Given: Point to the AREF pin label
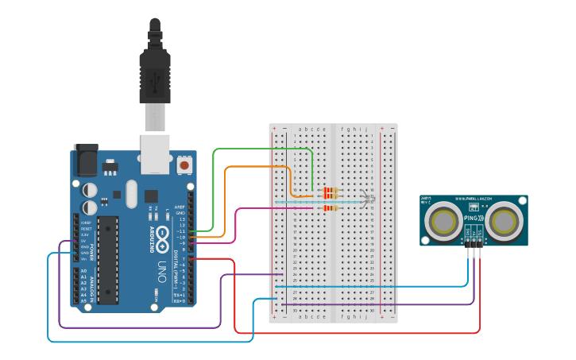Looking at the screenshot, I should [180, 207].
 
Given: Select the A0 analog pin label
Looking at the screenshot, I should [84, 271].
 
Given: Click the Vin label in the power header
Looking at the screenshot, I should [84, 259].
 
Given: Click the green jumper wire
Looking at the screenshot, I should [262, 149].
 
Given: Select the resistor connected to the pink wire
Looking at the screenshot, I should [329, 208].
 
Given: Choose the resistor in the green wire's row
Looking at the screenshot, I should [329, 191].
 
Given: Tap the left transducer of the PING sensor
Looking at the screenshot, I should [441, 222].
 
